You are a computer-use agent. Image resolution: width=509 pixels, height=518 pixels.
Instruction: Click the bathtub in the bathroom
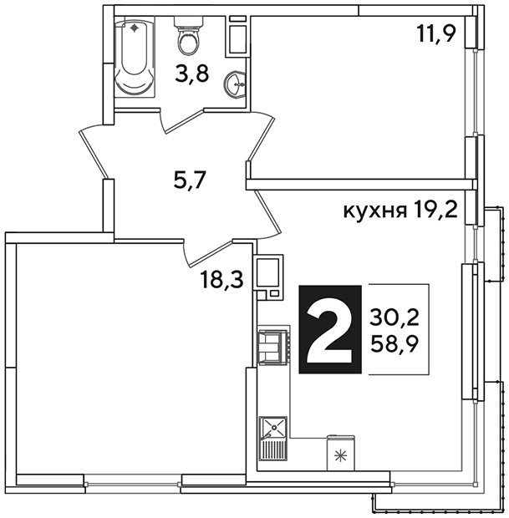[135, 58]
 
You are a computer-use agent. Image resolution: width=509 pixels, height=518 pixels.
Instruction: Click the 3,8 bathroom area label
[192, 74]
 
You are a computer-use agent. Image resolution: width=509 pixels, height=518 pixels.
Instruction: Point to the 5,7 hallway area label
[190, 180]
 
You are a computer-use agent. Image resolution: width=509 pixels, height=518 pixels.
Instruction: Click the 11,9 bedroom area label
[436, 33]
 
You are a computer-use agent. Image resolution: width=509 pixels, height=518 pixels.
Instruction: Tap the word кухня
[375, 211]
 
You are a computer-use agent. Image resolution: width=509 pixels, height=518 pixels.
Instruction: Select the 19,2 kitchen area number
[435, 210]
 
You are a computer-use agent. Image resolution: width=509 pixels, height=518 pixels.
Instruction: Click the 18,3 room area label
[222, 280]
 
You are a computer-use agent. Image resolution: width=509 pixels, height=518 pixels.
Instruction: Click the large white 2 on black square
[330, 329]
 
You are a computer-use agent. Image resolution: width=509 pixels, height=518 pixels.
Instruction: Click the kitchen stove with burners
[273, 347]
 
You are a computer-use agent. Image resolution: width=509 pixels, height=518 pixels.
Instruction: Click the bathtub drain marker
[135, 28]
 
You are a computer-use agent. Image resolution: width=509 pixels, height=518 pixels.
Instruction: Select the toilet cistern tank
[189, 22]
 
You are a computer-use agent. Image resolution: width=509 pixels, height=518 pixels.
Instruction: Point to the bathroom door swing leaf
[184, 121]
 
